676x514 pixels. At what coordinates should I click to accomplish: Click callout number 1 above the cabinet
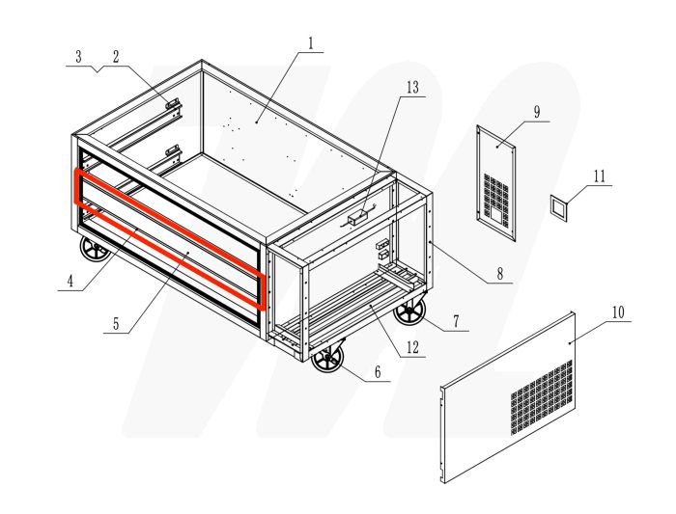pos(311,42)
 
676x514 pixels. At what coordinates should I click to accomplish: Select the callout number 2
pos(115,56)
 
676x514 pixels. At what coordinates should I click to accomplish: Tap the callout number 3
pos(79,56)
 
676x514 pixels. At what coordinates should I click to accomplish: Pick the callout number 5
pos(116,324)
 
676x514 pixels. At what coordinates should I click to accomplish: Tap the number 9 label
pos(536,111)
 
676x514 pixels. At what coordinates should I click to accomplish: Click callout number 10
pos(618,312)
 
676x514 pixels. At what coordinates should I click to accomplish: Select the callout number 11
pos(599,176)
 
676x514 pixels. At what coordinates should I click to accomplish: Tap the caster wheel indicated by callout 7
pos(409,311)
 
